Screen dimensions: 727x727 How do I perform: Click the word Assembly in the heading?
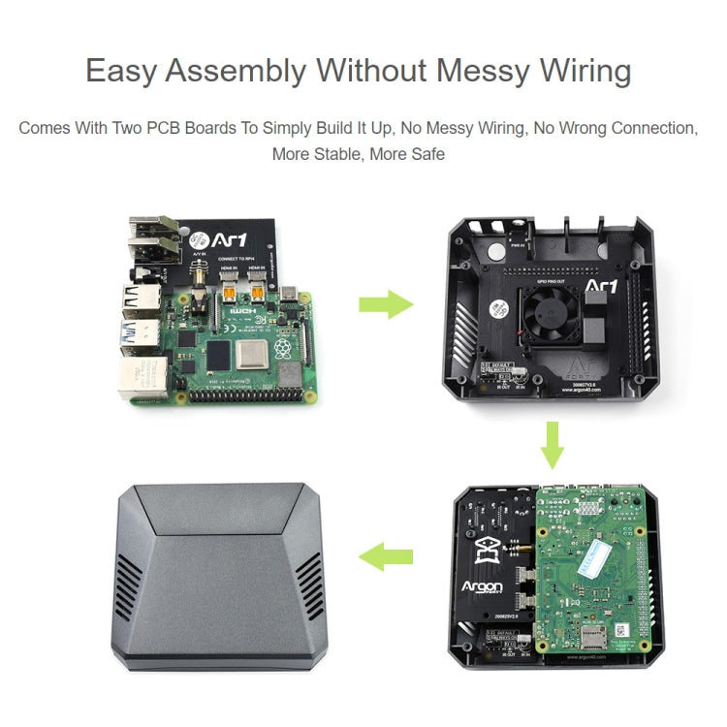click(x=245, y=72)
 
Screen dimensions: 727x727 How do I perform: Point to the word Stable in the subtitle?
click(x=339, y=153)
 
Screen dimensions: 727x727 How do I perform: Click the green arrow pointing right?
click(x=386, y=303)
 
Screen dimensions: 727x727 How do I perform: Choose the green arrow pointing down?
click(x=552, y=442)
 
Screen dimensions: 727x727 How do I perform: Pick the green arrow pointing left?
click(x=386, y=556)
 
